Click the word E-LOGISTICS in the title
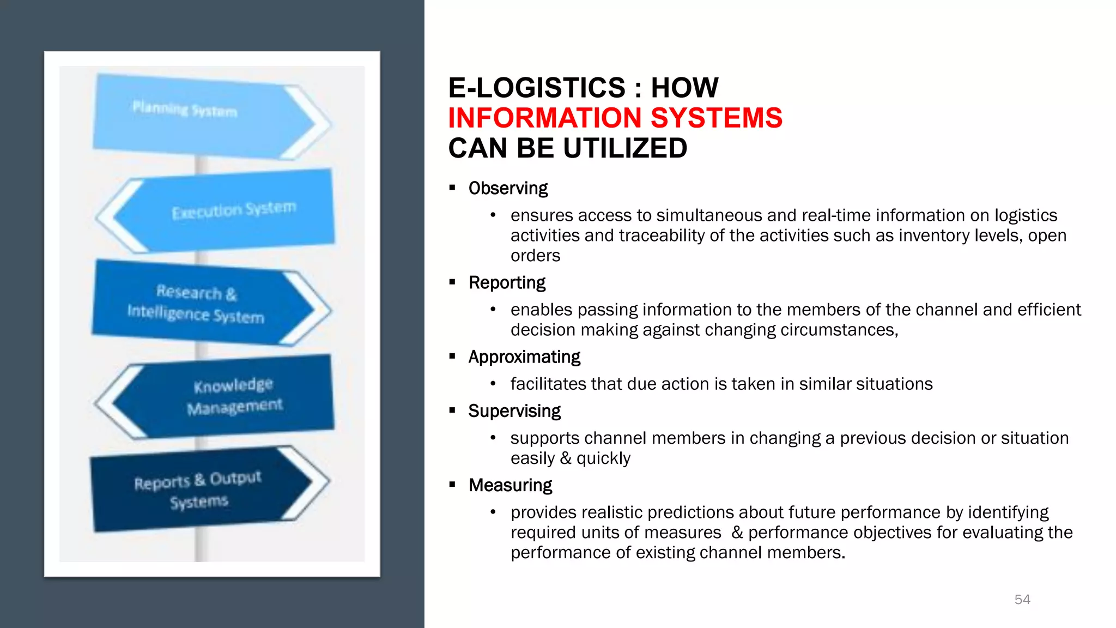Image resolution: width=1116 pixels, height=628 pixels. coord(537,88)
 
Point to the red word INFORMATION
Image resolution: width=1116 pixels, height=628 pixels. coord(545,118)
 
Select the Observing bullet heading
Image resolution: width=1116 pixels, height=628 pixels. coord(508,188)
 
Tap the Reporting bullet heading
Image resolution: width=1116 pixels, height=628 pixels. coord(507,283)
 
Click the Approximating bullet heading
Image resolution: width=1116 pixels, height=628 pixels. coord(524,357)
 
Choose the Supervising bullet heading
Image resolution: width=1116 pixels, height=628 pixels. coord(514,411)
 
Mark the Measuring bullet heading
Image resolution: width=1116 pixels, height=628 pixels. coord(510,485)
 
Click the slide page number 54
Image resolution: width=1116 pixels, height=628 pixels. coord(1022,600)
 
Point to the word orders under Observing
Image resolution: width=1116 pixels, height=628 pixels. coord(535,256)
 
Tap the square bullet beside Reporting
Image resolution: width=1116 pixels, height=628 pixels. coord(452,282)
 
